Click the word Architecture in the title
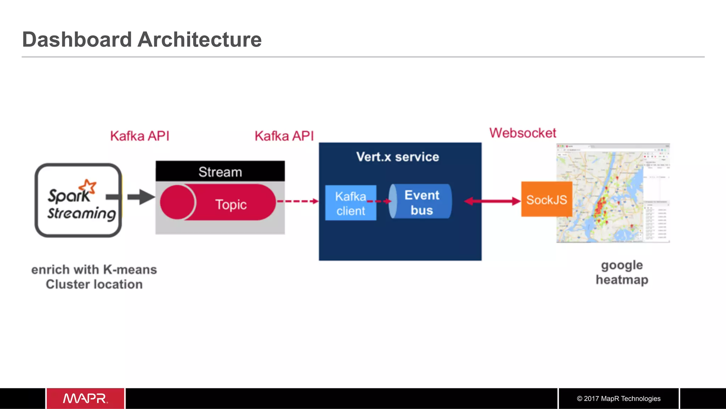pos(199,39)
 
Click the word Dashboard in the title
pos(77,39)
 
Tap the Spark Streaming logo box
pos(78,200)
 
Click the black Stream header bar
pos(220,172)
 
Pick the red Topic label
pos(231,205)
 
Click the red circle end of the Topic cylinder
pos(177,202)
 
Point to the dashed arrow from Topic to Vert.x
pos(298,201)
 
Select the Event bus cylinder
pos(421,201)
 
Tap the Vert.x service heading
pos(397,157)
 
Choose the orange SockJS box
pos(546,199)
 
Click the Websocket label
pos(523,133)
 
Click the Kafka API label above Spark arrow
pos(140,136)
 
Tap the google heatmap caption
pos(622,272)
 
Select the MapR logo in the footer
pos(85,398)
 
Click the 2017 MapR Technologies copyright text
pos(619,398)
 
